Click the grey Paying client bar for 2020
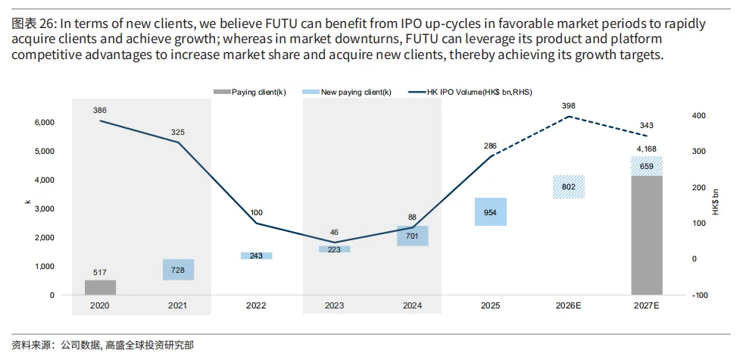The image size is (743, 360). coord(100,287)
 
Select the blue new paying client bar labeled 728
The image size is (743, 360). coord(178,270)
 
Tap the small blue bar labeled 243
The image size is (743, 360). coord(256,255)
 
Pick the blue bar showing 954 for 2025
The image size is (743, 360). coord(491,211)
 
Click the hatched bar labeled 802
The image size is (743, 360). coord(569,186)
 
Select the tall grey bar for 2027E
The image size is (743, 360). coord(647,235)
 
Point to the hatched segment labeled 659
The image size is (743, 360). coord(647,166)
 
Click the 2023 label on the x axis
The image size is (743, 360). coord(334,306)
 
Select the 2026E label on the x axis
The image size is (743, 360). coord(569,306)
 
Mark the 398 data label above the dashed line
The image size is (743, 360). coord(569,105)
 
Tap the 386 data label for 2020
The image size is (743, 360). coord(100,110)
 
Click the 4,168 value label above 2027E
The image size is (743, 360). coord(647,149)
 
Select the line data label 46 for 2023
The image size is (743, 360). coord(334,232)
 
